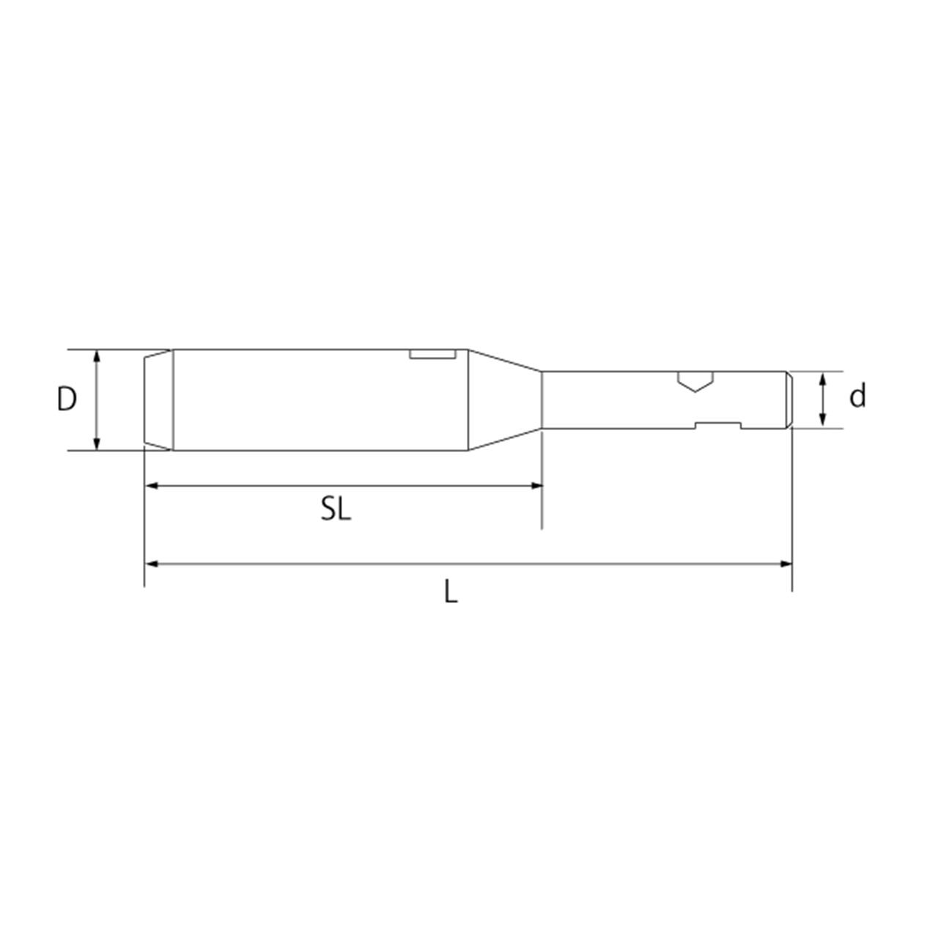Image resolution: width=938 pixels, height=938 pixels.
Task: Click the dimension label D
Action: click(67, 399)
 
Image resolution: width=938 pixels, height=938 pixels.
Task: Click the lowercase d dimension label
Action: click(857, 396)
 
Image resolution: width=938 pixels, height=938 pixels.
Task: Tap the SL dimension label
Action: click(336, 509)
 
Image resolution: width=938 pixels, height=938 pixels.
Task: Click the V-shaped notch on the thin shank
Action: click(695, 382)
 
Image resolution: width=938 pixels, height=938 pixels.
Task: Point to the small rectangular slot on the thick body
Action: click(433, 354)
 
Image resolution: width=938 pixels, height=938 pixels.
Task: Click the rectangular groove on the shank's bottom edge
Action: click(718, 426)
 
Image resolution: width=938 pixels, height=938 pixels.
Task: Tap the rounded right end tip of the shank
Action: click(789, 400)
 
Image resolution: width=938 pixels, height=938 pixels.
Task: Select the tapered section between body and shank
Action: click(505, 399)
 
